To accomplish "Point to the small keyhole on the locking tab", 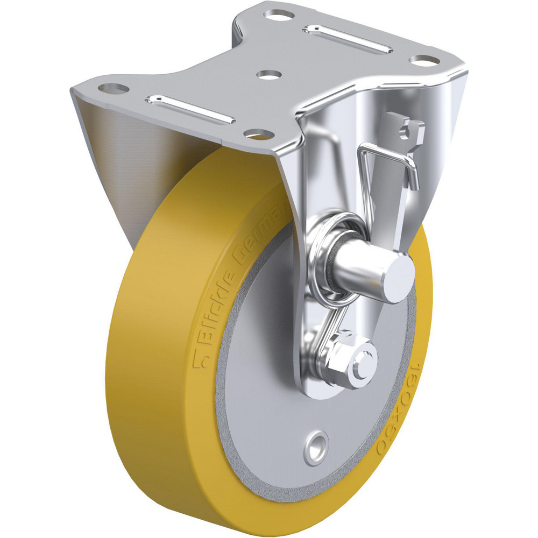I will (x=405, y=128).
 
